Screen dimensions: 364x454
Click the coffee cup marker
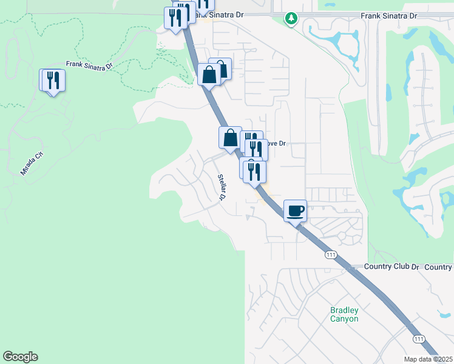[295, 211]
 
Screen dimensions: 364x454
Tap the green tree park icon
[292, 19]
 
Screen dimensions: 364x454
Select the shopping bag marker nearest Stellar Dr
[231, 138]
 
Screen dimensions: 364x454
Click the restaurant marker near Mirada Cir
[53, 81]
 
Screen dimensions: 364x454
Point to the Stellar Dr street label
[223, 187]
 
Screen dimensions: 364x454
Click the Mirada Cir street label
[33, 164]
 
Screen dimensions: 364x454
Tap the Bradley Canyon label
[344, 314]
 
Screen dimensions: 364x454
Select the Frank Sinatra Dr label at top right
[389, 15]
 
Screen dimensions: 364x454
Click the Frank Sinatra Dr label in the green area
[89, 65]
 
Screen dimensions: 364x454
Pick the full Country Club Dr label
[392, 267]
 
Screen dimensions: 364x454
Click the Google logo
[20, 357]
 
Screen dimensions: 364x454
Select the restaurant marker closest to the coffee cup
[254, 172]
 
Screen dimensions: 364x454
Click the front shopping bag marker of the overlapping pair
[209, 76]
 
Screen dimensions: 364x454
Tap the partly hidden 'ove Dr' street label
[277, 144]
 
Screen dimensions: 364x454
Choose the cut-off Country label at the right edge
[439, 267]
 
